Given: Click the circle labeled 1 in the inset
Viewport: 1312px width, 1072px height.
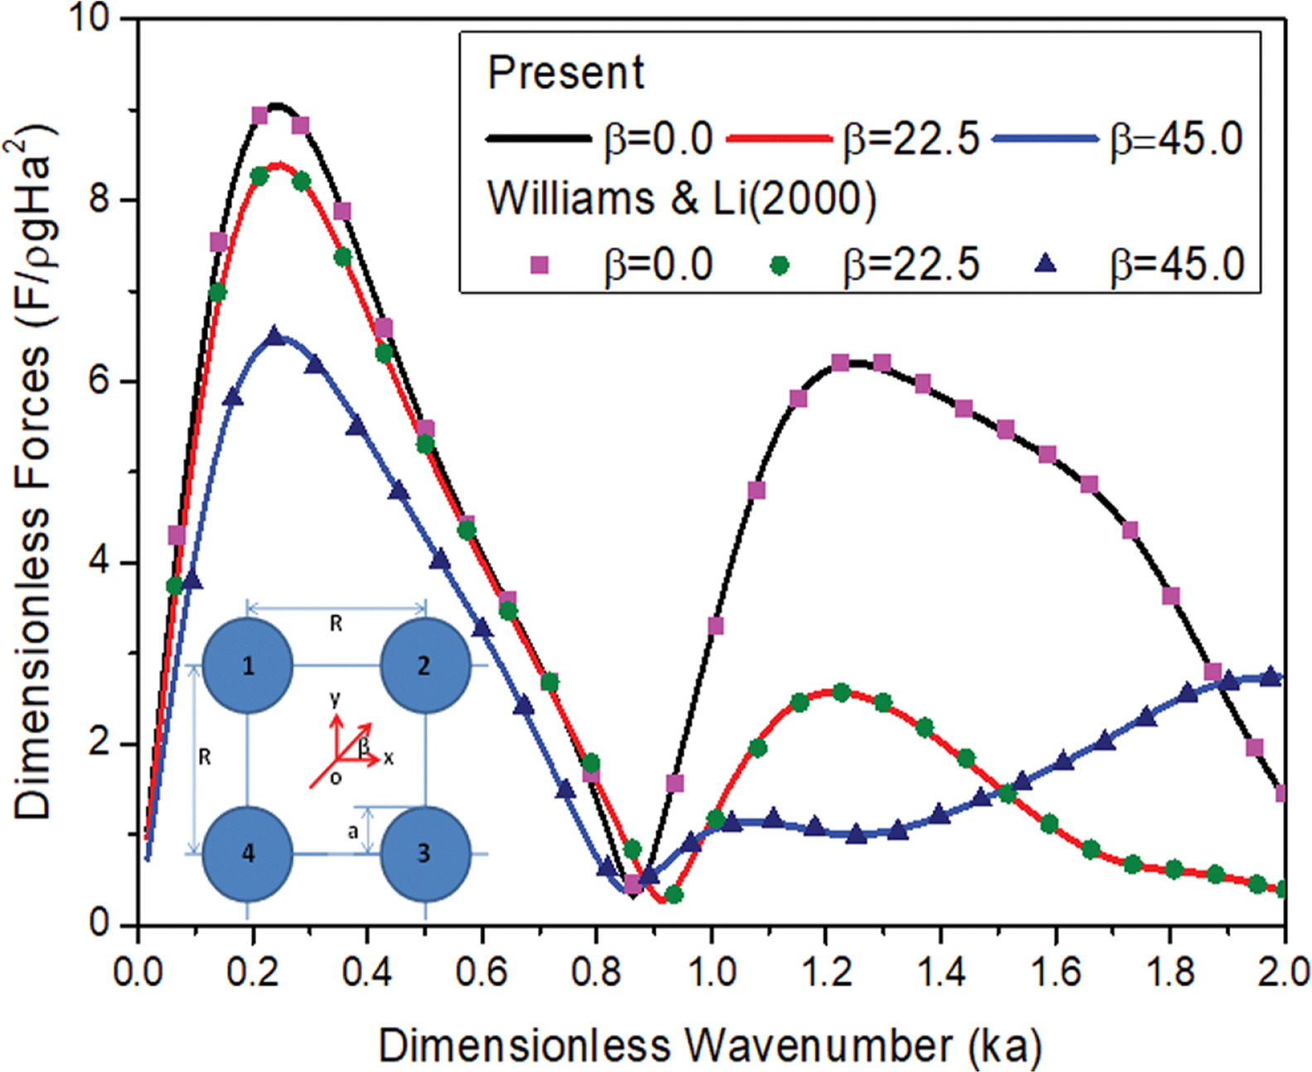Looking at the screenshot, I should [x=248, y=665].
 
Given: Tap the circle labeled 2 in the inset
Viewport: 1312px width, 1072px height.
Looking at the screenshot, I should [x=425, y=665].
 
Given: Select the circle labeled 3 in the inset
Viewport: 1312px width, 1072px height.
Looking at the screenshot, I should [x=425, y=853].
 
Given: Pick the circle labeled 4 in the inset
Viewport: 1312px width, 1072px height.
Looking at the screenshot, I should [x=248, y=853].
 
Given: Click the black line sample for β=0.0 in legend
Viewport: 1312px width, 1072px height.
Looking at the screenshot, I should [x=539, y=138].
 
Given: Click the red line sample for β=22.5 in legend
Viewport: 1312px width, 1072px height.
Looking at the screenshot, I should [x=779, y=138].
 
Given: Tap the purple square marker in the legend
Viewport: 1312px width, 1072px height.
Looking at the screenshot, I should [x=540, y=265].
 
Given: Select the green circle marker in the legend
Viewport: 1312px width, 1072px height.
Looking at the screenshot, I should [x=779, y=265].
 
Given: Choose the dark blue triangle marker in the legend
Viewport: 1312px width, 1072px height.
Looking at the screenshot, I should [x=1047, y=264].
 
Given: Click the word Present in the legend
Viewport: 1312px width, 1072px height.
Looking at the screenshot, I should [x=565, y=73].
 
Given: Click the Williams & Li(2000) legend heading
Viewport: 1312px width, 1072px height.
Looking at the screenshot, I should [x=681, y=199].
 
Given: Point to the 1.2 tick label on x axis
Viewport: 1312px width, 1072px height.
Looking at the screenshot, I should [x=826, y=971].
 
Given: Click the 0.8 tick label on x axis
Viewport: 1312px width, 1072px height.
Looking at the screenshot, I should [x=597, y=971].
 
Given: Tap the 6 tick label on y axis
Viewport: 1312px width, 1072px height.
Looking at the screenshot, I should [x=99, y=381].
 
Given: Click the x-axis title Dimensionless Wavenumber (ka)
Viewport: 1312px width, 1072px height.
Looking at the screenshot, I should [x=710, y=1045].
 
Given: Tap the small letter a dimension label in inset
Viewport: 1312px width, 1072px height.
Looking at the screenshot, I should [x=353, y=831].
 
